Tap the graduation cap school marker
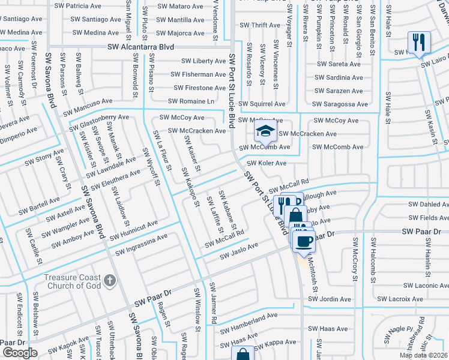pyautogui.click(x=264, y=130)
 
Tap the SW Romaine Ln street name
pyautogui.click(x=191, y=101)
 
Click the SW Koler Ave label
pyautogui.click(x=267, y=163)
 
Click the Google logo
pyautogui.click(x=20, y=353)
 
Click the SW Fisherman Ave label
pyautogui.click(x=198, y=74)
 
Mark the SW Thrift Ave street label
pyautogui.click(x=259, y=25)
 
